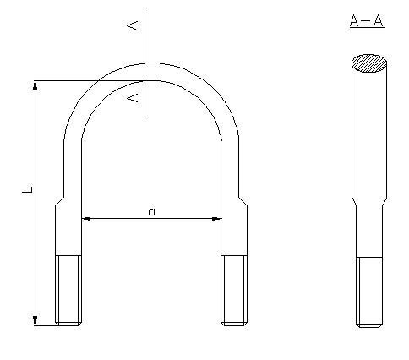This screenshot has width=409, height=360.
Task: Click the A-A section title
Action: click(367, 21)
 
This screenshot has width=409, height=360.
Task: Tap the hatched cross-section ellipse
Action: click(371, 63)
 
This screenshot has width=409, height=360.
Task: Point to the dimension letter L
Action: click(27, 192)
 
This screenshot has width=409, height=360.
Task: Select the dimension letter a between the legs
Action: click(151, 211)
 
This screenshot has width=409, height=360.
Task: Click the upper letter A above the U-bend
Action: click(132, 26)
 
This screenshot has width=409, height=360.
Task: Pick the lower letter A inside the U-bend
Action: click(132, 98)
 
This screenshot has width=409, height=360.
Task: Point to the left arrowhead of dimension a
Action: click(86, 219)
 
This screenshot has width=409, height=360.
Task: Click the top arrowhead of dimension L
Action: click(35, 86)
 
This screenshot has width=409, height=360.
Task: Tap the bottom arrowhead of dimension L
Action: click(35, 319)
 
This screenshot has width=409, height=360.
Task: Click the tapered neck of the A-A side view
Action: click(368, 203)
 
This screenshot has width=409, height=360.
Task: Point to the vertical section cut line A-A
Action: click(145, 51)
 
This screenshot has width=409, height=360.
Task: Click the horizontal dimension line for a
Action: click(118, 219)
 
